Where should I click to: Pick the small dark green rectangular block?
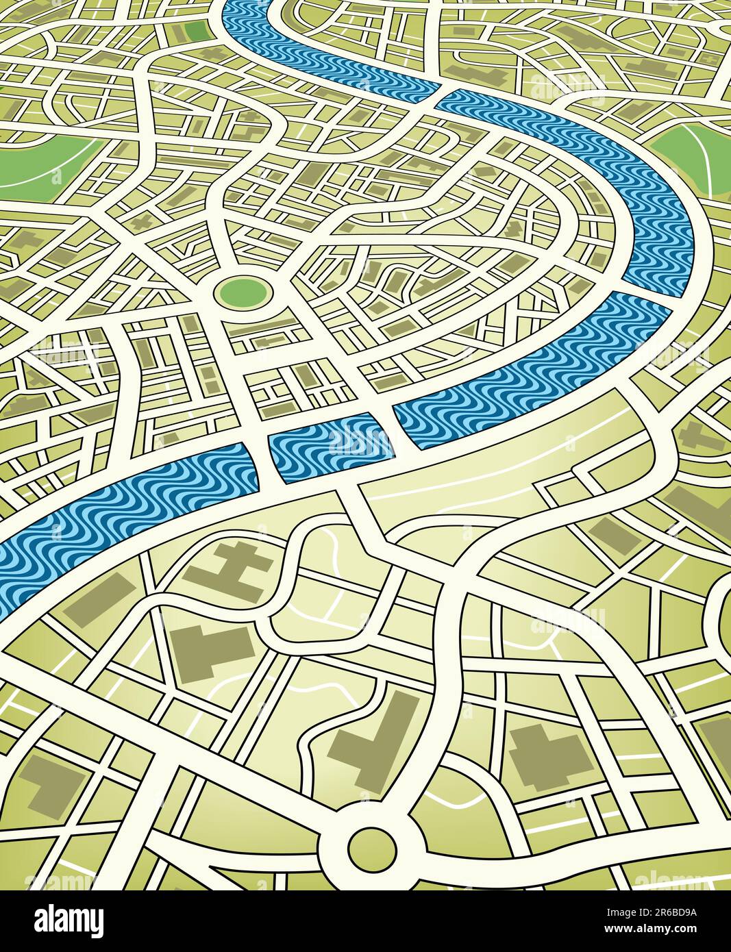tap(196, 29)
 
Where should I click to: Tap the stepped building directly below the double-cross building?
tap(209, 651)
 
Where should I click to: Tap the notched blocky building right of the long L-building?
tap(549, 754)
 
